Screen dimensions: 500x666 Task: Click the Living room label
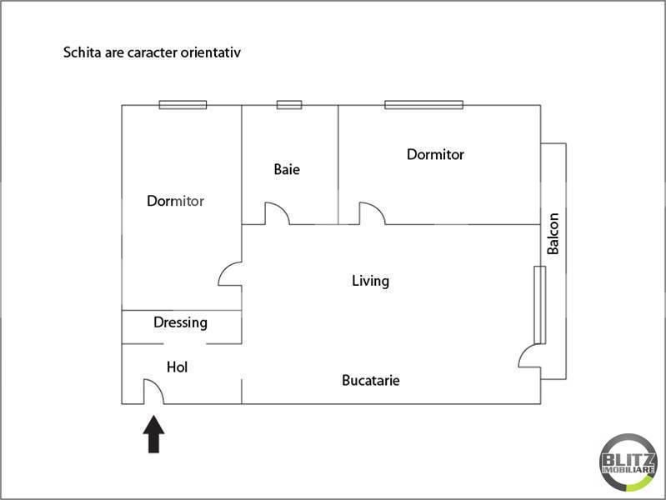[x=370, y=281]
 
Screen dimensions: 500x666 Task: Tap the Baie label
[x=287, y=169]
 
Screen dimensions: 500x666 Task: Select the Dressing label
[x=180, y=322]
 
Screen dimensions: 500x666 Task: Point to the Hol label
[x=177, y=367]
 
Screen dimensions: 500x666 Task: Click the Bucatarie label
[x=371, y=381]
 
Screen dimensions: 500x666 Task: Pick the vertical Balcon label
[x=553, y=234]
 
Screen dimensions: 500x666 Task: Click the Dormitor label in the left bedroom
[x=175, y=201]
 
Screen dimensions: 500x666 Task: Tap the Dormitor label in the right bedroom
[x=435, y=154]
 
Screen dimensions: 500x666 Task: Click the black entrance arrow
[x=154, y=434]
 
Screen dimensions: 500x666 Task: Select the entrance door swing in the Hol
[x=153, y=391]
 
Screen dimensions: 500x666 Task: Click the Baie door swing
[x=277, y=213]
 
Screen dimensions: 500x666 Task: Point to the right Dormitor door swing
[x=372, y=213]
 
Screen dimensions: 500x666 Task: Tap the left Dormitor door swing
[x=229, y=276]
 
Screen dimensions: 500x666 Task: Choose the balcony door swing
[x=530, y=357]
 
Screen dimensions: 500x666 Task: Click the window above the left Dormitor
[x=183, y=105]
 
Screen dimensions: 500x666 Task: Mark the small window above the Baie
[x=289, y=105]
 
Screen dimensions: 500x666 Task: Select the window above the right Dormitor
[x=423, y=105]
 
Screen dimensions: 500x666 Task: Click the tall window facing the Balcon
[x=539, y=305]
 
